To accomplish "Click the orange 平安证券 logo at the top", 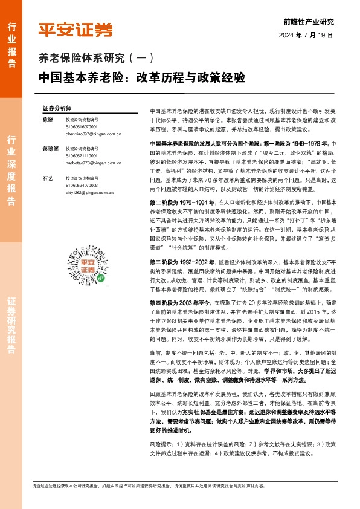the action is [76, 28].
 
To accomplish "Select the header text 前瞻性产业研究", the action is [308, 21].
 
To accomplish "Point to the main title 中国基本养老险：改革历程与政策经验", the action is [141, 78].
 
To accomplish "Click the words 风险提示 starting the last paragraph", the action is [160, 392].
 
